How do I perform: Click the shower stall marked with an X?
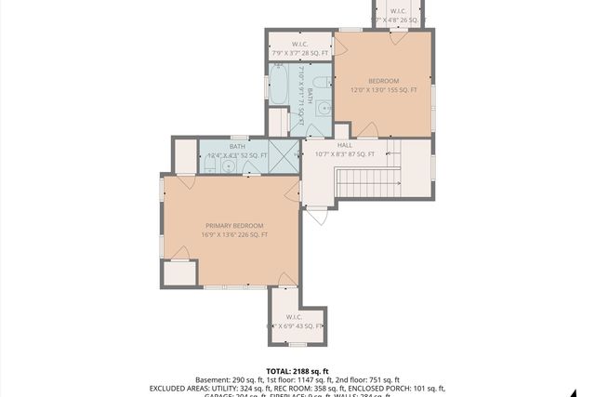click(x=284, y=155)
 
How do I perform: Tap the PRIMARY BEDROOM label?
click(x=234, y=225)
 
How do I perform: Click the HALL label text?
click(x=344, y=145)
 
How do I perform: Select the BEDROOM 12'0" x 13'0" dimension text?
click(x=382, y=90)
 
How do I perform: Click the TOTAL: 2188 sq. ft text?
click(x=297, y=371)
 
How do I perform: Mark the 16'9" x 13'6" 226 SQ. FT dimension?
click(x=234, y=235)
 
